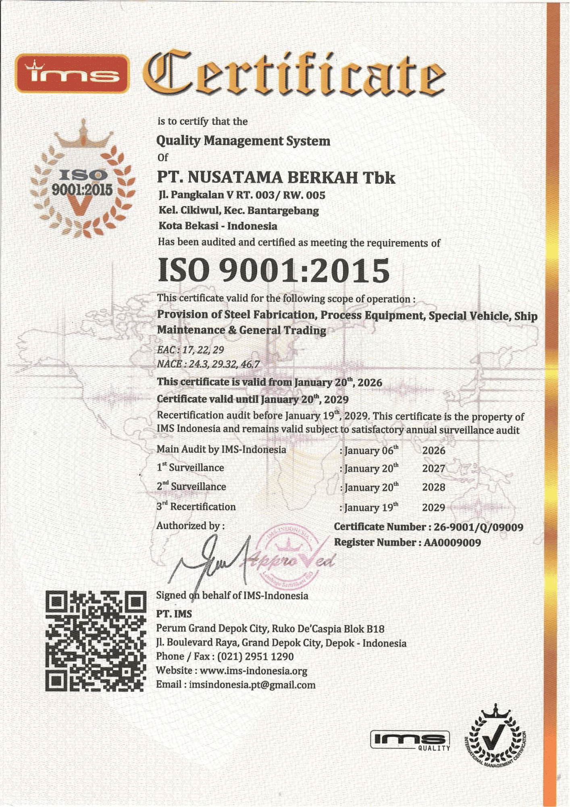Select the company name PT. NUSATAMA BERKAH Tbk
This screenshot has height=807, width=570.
276,178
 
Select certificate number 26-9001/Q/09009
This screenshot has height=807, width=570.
478,527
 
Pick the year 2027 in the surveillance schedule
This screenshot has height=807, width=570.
433,468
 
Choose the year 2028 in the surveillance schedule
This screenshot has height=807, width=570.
433,487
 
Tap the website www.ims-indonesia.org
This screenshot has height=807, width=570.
253,671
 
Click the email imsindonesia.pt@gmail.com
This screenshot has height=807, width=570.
252,685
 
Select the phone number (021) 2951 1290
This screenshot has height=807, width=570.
255,656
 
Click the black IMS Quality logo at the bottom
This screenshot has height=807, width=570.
410,740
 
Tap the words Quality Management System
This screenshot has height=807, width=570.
243,141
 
